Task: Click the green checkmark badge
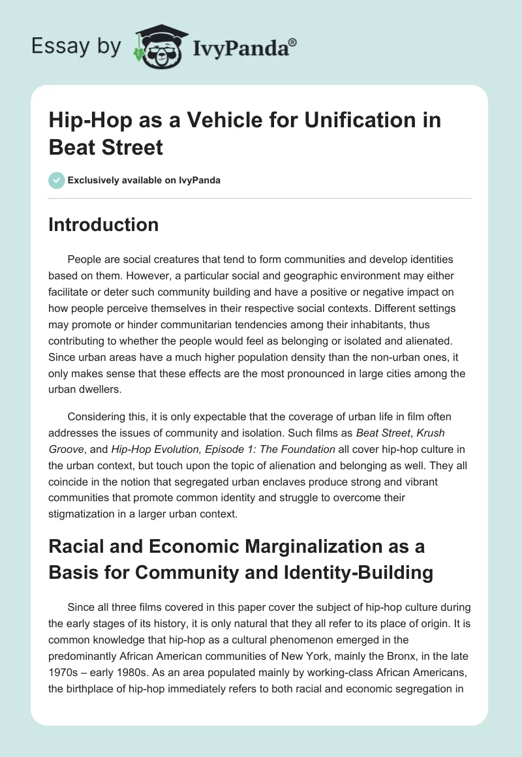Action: point(57,180)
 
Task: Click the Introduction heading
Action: point(104,224)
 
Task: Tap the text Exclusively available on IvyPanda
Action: point(144,180)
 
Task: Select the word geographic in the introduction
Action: point(262,274)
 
